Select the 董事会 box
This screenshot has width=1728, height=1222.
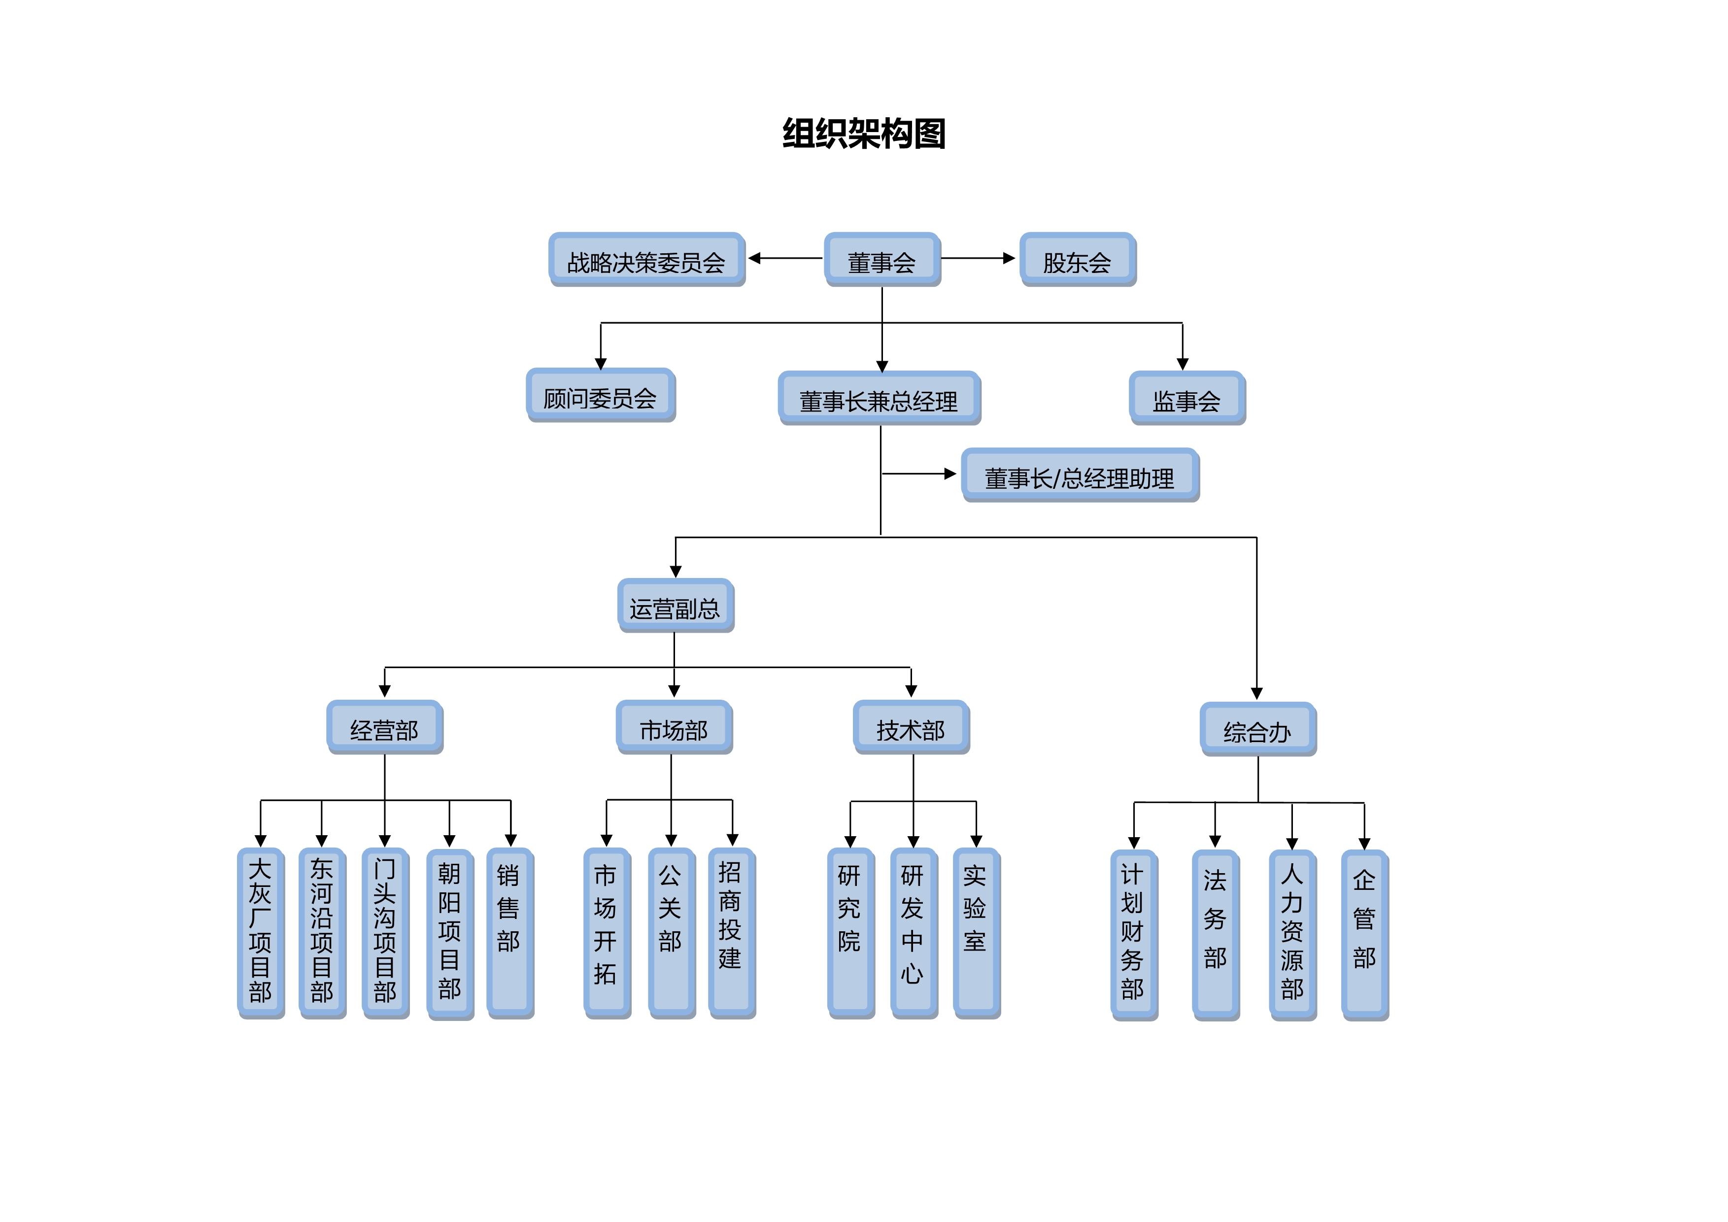[x=882, y=260]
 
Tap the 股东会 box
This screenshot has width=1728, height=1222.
[x=1077, y=260]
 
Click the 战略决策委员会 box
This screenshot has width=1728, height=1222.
[x=646, y=260]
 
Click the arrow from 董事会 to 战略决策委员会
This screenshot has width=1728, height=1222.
[x=785, y=258]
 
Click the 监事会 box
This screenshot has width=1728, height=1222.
[x=1187, y=399]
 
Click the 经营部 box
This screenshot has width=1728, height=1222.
[x=385, y=728]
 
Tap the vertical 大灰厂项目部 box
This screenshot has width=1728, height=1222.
[x=260, y=933]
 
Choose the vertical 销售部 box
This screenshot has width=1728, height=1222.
[x=509, y=933]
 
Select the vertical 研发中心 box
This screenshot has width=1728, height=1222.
[x=913, y=933]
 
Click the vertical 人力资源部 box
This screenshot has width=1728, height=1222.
[x=1292, y=935]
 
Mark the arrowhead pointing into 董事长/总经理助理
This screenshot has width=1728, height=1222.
[x=950, y=474]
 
